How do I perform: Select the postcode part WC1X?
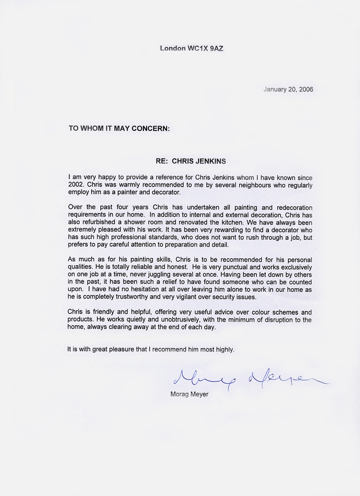pos(199,48)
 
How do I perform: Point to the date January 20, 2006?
pos(288,89)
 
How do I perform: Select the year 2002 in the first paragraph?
pos(77,185)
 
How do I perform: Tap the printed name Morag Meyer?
pos(189,395)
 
